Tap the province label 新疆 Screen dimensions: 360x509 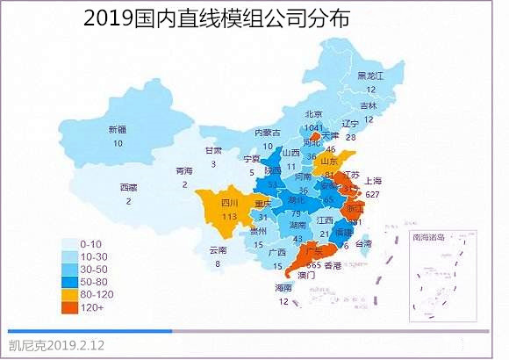point(118,130)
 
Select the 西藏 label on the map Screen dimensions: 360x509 point(128,187)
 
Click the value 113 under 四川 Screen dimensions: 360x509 point(230,217)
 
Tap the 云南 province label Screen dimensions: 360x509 point(219,250)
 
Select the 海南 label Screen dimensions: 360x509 point(283,288)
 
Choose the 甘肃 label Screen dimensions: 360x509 point(213,151)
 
